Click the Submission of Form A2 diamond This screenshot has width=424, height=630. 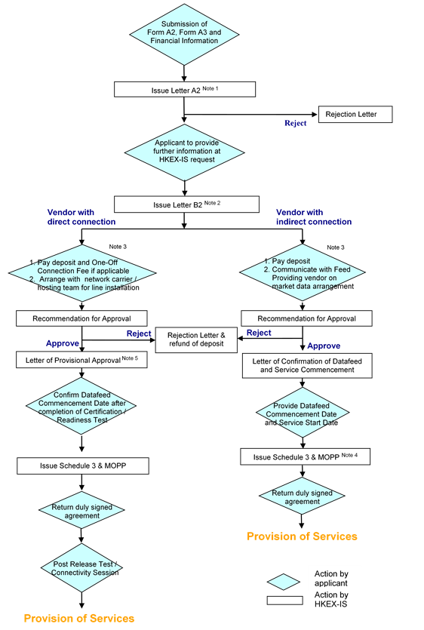point(184,34)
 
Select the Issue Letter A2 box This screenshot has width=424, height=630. point(185,89)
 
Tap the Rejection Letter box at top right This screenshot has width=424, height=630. point(355,115)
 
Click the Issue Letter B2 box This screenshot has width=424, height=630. point(186,204)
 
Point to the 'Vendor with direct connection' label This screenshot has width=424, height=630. point(81,217)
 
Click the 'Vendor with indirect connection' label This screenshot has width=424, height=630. point(314,217)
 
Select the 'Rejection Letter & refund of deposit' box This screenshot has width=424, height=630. point(196,340)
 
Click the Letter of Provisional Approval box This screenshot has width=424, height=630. point(81,360)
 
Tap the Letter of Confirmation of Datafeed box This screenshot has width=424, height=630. point(307,366)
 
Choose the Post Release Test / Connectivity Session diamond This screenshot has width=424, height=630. point(81,567)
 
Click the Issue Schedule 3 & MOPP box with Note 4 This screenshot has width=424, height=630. point(305,456)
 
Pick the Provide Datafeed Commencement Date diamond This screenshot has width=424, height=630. point(303,413)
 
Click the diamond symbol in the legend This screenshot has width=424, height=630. point(284,582)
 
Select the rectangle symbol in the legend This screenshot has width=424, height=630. point(285,601)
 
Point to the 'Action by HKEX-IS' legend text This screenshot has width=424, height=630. point(331,600)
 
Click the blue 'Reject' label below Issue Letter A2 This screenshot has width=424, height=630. point(296,123)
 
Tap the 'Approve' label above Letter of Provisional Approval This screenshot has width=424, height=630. point(63,343)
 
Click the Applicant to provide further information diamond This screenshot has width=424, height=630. point(185,152)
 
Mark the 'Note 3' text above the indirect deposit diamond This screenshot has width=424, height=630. point(336,247)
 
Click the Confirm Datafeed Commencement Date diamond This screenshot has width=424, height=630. point(81,406)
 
